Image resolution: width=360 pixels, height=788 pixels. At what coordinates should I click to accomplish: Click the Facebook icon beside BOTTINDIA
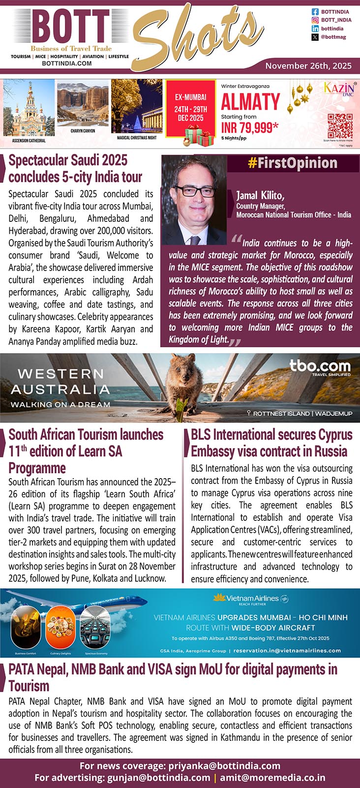[x=315, y=12]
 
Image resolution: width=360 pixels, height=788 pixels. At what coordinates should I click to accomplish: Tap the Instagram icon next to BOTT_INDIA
[x=315, y=20]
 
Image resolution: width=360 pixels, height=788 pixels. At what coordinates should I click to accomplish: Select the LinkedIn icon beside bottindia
[x=315, y=29]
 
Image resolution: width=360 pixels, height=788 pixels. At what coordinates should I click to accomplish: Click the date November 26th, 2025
[x=308, y=65]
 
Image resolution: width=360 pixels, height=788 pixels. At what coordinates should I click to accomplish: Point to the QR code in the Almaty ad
[x=340, y=126]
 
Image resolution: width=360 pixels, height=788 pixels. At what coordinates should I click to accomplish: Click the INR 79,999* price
[x=250, y=128]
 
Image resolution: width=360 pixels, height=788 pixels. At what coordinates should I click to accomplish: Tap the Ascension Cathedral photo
[x=29, y=109]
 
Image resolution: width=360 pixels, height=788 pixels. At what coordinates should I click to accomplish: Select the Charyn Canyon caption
[x=83, y=131]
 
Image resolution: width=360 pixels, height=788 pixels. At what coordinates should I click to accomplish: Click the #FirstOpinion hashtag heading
[x=293, y=163]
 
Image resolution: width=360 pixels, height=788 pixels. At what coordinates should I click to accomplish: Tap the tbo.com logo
[x=320, y=365]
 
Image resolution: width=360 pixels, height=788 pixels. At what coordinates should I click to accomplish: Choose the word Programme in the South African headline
[x=37, y=468]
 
